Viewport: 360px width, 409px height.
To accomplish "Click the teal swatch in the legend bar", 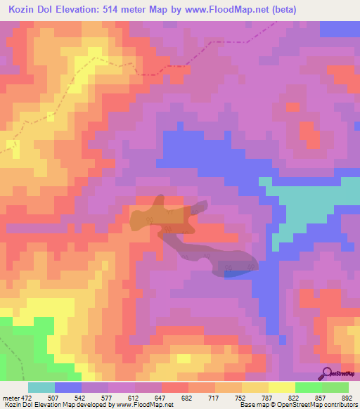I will click(x=41, y=387).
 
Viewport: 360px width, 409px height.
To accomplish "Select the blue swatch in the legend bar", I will click(x=68, y=387).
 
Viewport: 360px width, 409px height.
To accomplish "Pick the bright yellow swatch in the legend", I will click(x=282, y=387).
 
